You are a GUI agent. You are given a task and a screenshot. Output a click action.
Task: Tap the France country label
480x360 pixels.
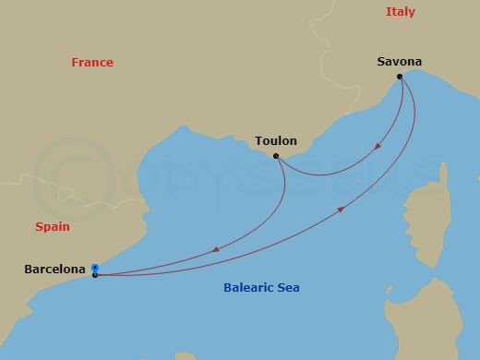pos(92,63)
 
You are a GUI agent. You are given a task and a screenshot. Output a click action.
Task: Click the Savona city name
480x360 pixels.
pos(399,62)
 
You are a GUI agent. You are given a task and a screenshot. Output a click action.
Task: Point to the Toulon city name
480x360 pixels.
pos(275,141)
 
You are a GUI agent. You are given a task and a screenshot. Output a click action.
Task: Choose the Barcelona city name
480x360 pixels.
pos(55,270)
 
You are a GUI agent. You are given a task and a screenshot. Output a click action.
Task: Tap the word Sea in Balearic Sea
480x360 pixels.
pos(287,288)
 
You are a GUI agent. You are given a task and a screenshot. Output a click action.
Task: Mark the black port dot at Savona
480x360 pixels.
pos(400,77)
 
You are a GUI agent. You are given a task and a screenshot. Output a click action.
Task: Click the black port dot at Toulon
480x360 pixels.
pos(276,155)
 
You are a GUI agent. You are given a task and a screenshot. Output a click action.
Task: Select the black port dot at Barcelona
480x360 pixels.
pos(95,275)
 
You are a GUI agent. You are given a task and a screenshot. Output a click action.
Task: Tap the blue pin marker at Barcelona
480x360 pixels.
pos(95,269)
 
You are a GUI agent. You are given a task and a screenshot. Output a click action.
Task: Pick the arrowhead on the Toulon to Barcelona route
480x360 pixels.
pos(215,249)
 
